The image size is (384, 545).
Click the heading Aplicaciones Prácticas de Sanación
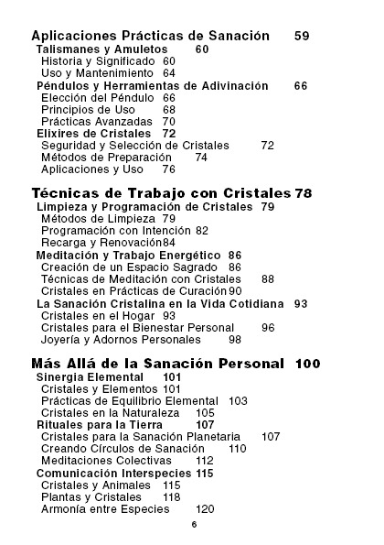150,36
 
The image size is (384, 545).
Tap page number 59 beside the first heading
303,36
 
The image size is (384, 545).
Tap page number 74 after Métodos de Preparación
201,157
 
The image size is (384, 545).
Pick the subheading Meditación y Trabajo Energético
127,255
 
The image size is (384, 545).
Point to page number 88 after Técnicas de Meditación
268,278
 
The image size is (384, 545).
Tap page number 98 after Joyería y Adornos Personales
235,339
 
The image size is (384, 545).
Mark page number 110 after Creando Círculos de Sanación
238,449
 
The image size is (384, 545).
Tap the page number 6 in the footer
194,526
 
